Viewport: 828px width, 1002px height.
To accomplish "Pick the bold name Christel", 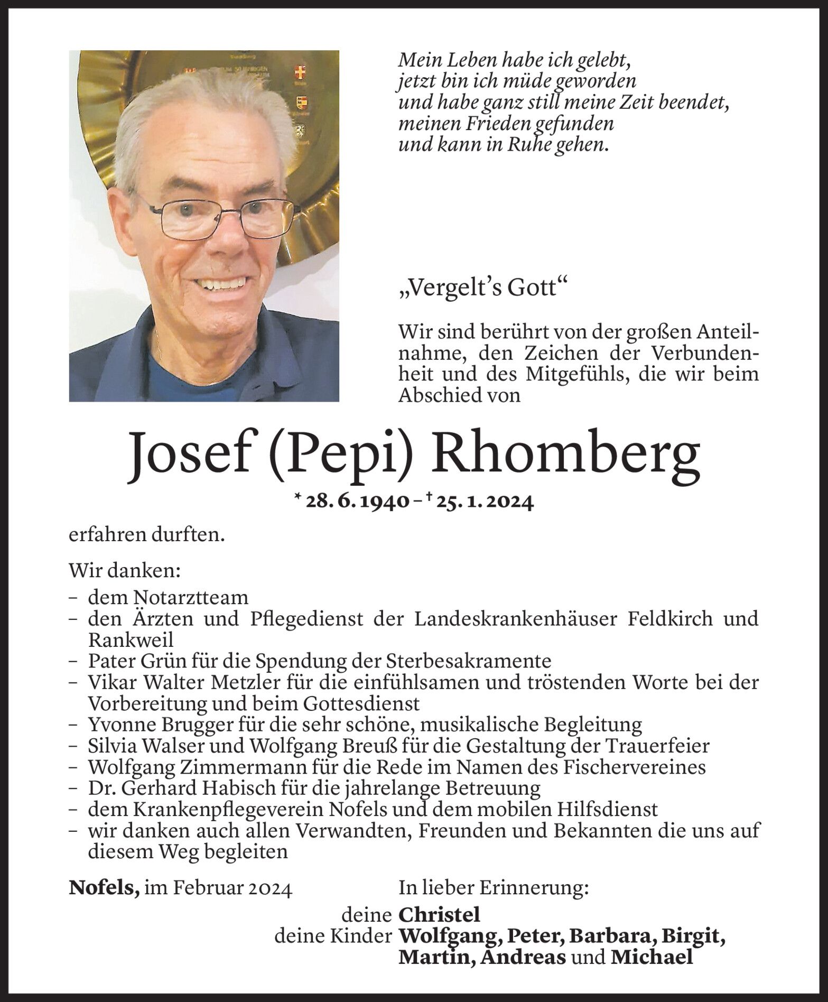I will pos(439,914).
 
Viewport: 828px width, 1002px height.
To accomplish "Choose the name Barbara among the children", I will pos(602,936).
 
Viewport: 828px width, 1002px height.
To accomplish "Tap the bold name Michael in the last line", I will pos(651,957).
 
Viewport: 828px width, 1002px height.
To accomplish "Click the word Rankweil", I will pos(131,640).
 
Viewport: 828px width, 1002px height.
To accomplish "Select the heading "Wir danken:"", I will pos(125,571).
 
